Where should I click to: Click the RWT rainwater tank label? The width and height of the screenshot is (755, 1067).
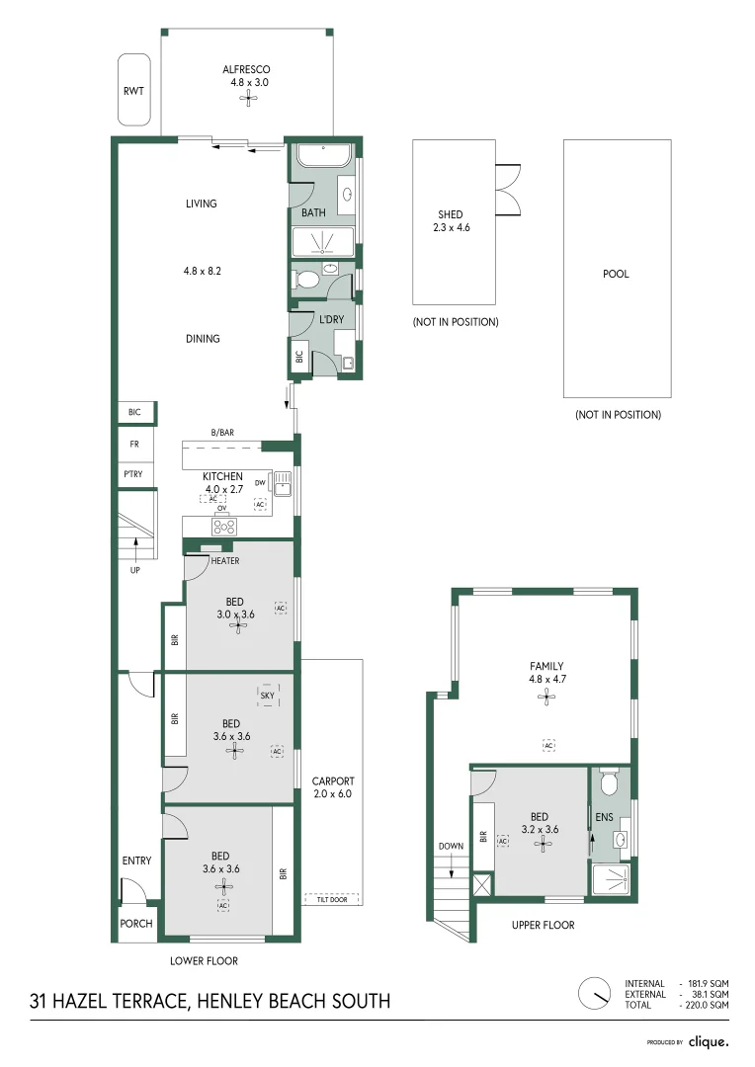tap(133, 91)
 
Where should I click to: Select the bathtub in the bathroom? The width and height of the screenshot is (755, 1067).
tap(324, 156)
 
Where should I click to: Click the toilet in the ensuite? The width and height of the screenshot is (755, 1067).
tap(609, 781)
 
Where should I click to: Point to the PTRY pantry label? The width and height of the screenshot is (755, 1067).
tap(132, 474)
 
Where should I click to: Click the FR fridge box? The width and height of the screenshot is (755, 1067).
tap(133, 445)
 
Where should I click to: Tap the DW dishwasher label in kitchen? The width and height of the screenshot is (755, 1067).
tap(260, 483)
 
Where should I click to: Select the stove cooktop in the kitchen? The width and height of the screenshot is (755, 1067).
tap(223, 527)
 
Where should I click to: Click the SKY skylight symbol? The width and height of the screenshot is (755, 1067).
tap(267, 696)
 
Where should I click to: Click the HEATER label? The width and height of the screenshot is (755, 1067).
tap(224, 561)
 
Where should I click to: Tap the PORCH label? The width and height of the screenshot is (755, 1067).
tap(136, 924)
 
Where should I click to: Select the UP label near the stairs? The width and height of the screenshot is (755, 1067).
tap(134, 570)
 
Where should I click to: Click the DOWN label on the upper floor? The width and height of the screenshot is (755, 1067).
tap(451, 846)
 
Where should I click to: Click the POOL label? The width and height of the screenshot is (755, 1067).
tap(616, 275)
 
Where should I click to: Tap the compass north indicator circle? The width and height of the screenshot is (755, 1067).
tap(596, 994)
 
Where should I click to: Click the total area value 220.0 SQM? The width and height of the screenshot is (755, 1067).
tap(706, 1005)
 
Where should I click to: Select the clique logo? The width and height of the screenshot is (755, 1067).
tap(709, 1041)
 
